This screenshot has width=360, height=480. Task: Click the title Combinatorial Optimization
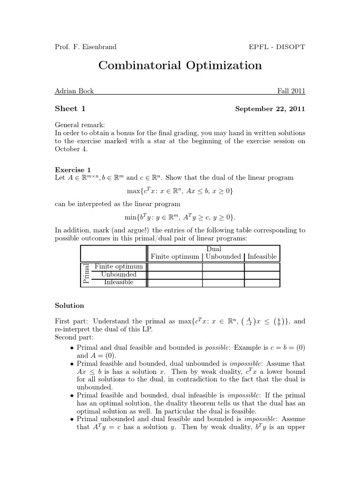180,65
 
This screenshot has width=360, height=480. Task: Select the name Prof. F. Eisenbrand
86,46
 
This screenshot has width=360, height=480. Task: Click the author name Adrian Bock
75,91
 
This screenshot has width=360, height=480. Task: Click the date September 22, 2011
270,109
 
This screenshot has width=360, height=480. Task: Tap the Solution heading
70,305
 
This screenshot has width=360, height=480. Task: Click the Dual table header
214,249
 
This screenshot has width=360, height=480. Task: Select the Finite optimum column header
174,256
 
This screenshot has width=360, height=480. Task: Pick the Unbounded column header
223,256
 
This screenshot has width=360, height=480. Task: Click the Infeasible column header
262,256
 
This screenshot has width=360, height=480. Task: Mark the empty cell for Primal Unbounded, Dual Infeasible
262,275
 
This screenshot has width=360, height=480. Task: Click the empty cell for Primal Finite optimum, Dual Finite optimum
174,267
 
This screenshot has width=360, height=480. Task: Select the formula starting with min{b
180,217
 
